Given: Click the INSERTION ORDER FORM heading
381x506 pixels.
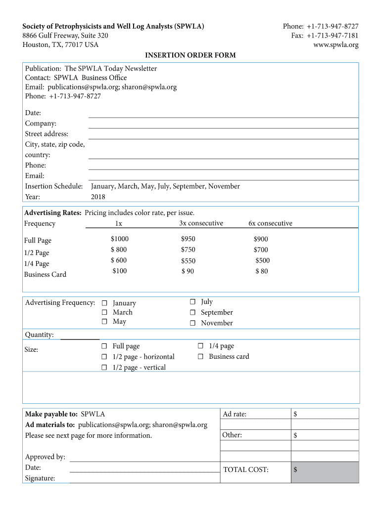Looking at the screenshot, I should pos(190,55).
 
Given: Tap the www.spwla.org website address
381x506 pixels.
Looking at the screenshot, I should pos(336,45).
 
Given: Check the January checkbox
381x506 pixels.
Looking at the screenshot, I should pos(104,303).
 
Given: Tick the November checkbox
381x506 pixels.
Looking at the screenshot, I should pos(192,323).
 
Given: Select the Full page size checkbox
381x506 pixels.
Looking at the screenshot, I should pos(104,346).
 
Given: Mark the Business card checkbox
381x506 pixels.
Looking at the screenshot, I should pos(200,356).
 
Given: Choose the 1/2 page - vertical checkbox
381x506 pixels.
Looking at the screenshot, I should pos(104,368).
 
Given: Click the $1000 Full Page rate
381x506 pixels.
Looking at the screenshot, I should pos(119,239).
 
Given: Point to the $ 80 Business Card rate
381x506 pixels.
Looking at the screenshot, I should pos(261,271).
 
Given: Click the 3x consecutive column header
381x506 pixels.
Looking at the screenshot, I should pos(201,223).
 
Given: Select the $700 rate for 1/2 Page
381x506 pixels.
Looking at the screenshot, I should pos(261,250).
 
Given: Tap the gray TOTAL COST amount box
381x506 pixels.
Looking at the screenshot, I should pos(325,472).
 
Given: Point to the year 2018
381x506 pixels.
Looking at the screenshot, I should pos(98,197).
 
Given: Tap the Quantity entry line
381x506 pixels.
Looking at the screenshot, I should pos(79,336).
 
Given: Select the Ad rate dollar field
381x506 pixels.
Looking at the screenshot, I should pos(325,414).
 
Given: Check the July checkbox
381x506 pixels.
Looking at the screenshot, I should pos(192,302).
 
